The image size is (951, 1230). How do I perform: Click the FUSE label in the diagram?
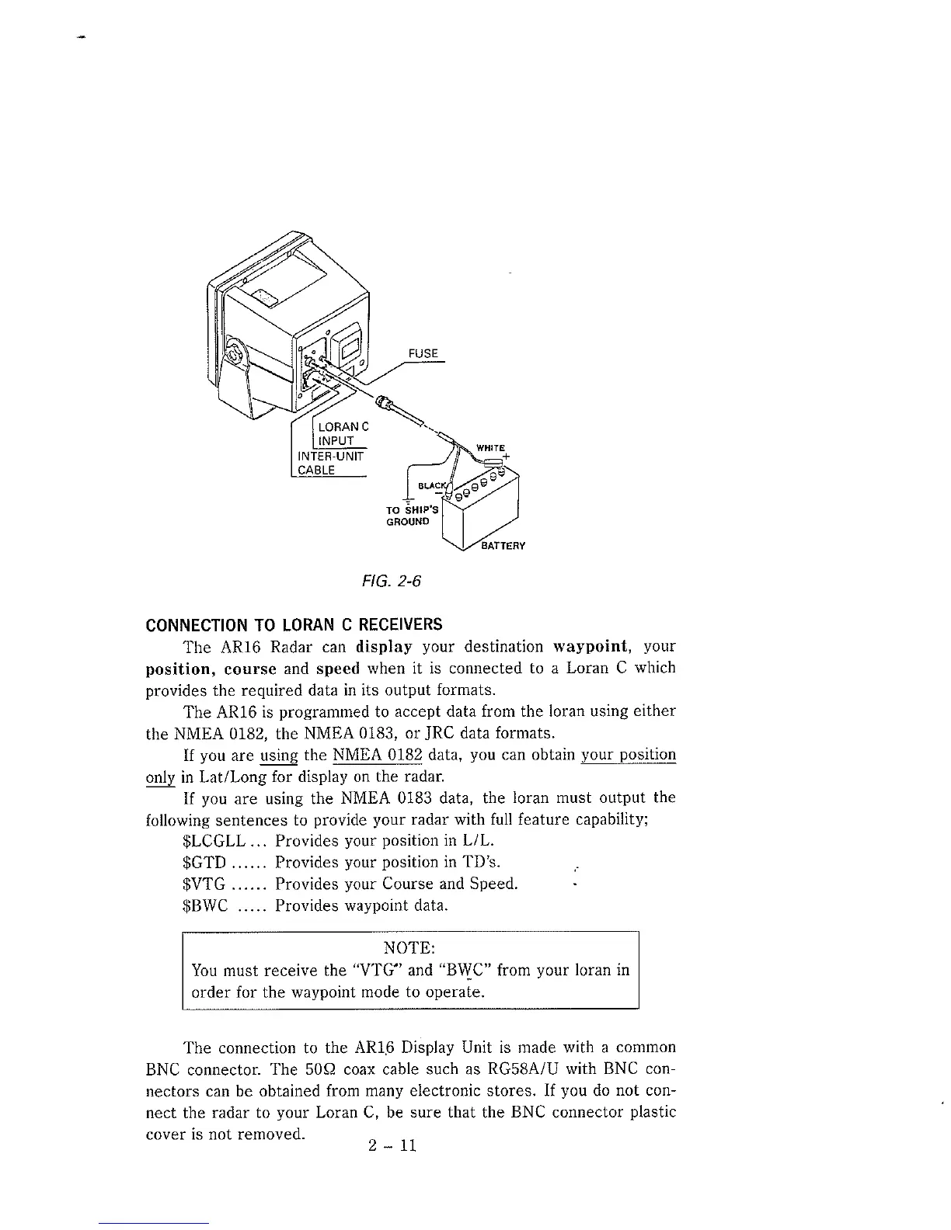click(423, 354)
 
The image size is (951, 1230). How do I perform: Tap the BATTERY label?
click(503, 546)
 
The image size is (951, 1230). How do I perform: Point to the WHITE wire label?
click(490, 448)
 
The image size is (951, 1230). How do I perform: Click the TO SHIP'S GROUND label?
click(412, 516)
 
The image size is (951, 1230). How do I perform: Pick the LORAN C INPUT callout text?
click(342, 433)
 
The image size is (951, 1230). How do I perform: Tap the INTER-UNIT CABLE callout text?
click(328, 462)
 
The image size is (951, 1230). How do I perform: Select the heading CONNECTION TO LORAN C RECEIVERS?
click(294, 625)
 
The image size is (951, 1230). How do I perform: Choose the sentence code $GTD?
click(204, 863)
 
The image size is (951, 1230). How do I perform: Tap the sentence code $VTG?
click(204, 884)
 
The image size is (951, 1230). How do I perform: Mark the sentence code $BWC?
click(204, 906)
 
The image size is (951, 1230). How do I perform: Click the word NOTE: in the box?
click(409, 948)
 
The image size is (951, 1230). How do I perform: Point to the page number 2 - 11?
click(393, 1145)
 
